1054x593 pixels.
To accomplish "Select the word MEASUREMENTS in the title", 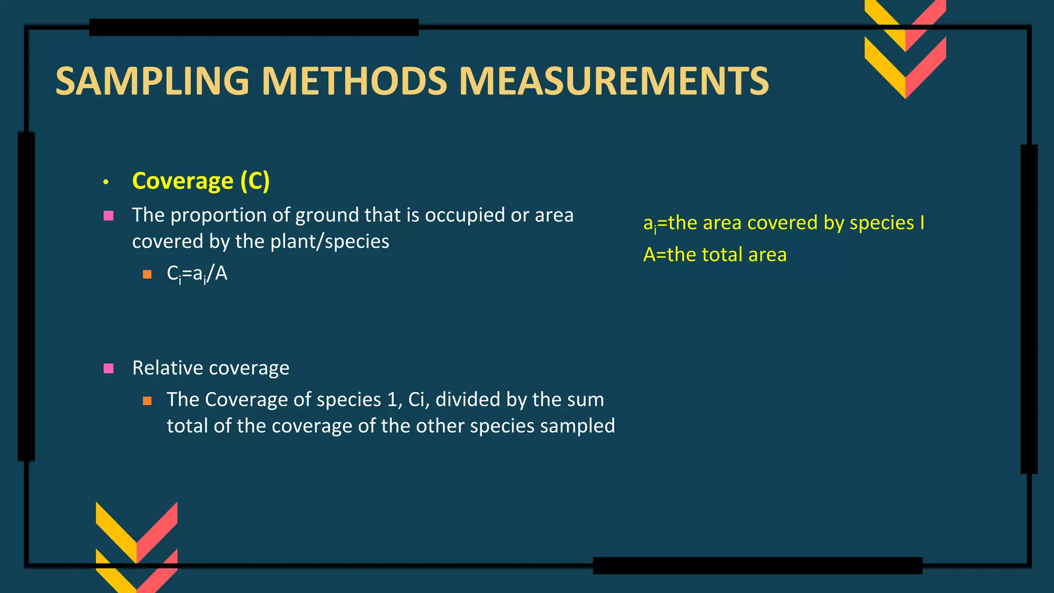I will click(613, 81).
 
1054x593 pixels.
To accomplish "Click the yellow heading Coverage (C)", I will click(201, 181).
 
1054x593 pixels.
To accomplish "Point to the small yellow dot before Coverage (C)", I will click(106, 182).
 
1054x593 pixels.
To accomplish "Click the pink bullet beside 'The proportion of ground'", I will click(109, 216).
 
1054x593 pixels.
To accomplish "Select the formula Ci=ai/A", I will click(197, 274).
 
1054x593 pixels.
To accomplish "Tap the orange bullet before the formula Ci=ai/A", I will click(147, 274).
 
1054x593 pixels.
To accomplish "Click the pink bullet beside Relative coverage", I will click(109, 368).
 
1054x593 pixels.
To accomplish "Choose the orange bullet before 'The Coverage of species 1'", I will click(147, 400).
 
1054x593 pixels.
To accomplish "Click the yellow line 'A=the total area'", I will click(715, 255).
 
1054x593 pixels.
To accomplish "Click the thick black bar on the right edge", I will click(1029, 309).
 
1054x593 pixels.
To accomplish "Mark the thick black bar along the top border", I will click(254, 27).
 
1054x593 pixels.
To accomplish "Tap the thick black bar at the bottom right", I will click(757, 565).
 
